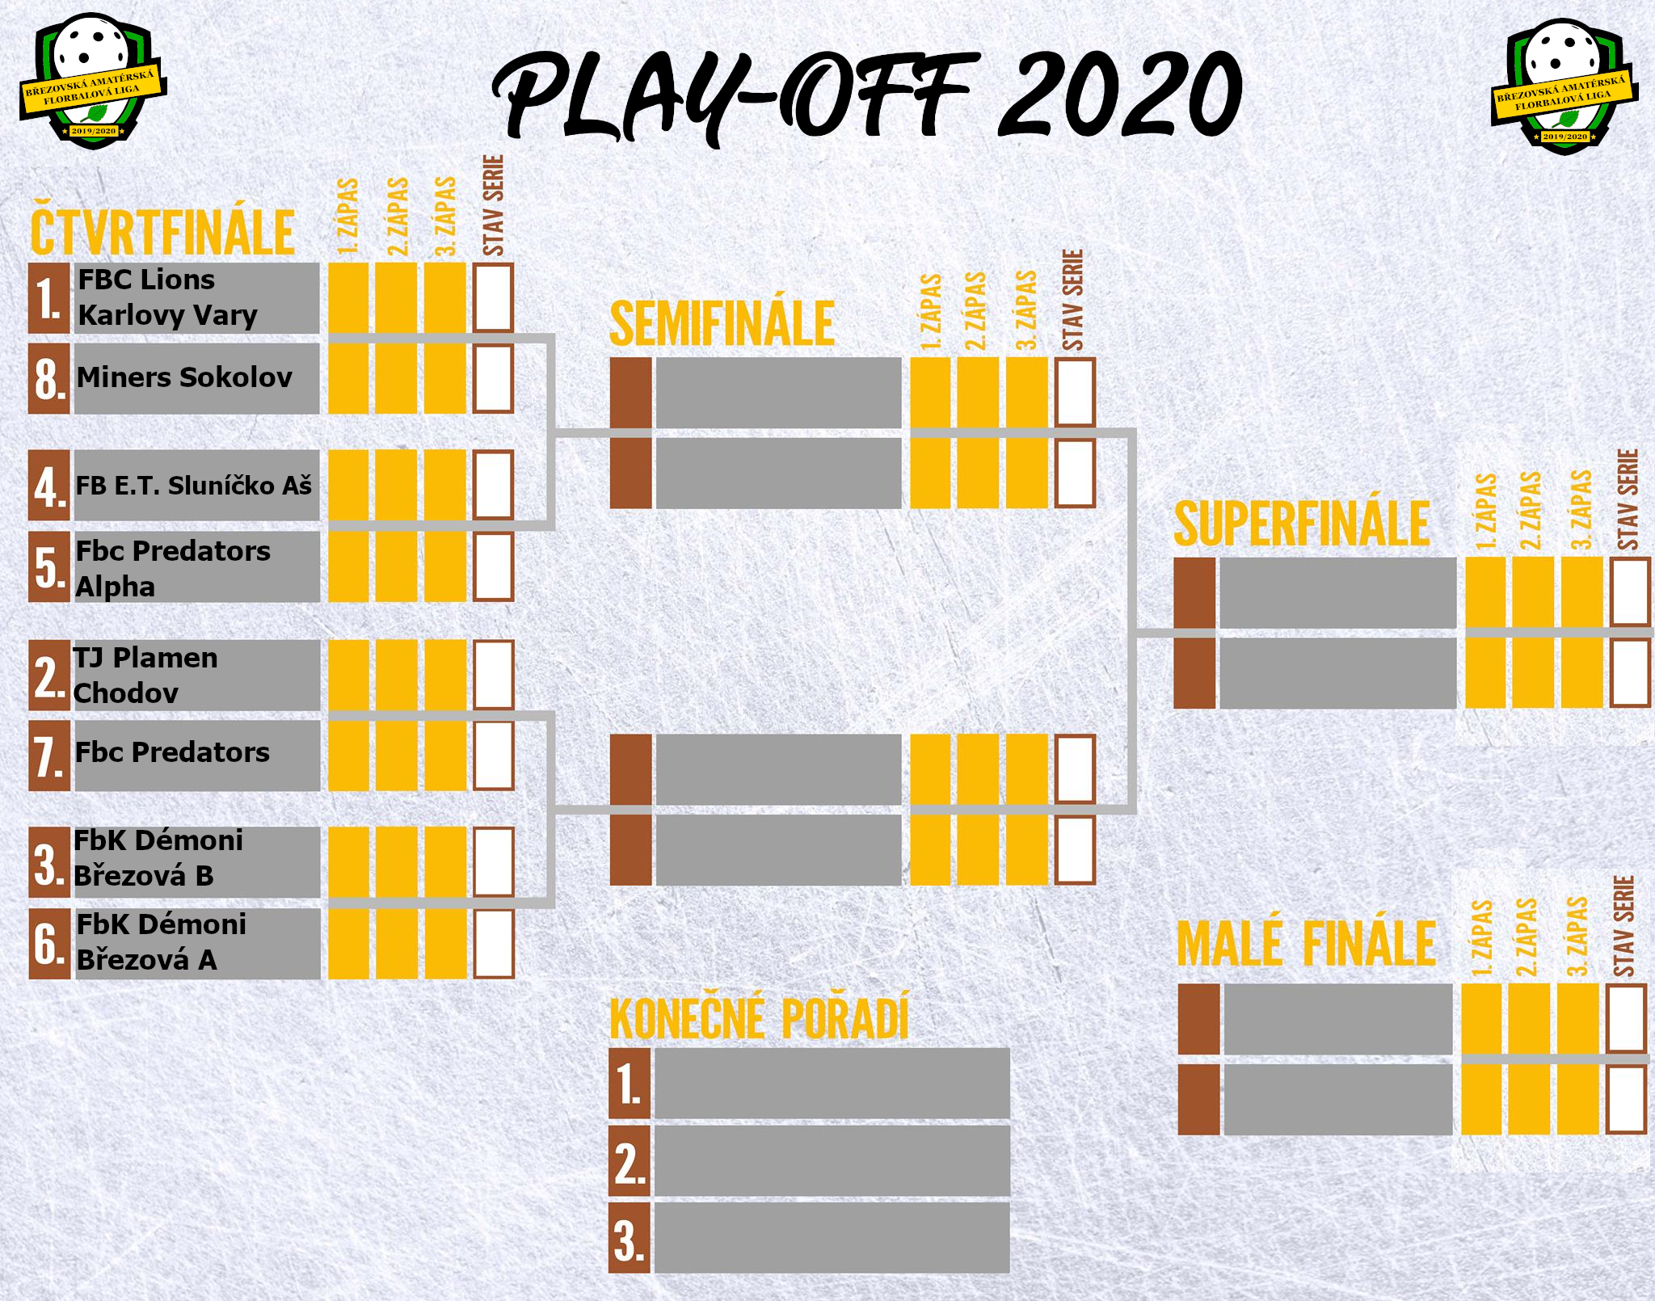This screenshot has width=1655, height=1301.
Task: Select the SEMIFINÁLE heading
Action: pyautogui.click(x=722, y=323)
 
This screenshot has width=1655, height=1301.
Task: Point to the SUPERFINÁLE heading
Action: pyautogui.click(x=1301, y=524)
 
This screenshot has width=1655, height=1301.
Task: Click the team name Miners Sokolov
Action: pyautogui.click(x=184, y=377)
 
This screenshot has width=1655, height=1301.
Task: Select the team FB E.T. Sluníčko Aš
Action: pyautogui.click(x=194, y=486)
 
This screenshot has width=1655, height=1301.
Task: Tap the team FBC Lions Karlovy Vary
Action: pyautogui.click(x=167, y=297)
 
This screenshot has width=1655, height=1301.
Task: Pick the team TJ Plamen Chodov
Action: pyautogui.click(x=145, y=676)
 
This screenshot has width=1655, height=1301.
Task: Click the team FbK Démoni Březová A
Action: pyautogui.click(x=161, y=942)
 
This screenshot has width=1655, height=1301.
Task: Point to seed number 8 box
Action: pyautogui.click(x=48, y=379)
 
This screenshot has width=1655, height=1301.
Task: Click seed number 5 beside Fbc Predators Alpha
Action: pyautogui.click(x=48, y=566)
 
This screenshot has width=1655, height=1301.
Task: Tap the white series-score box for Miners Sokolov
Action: pyautogui.click(x=494, y=379)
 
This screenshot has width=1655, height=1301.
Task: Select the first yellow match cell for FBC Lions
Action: pyautogui.click(x=348, y=297)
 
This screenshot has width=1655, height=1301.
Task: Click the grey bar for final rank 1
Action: pyautogui.click(x=832, y=1083)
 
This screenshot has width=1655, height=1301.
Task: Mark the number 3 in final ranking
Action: pyautogui.click(x=630, y=1239)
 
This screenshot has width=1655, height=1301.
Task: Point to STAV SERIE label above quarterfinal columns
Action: pyautogui.click(x=493, y=205)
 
